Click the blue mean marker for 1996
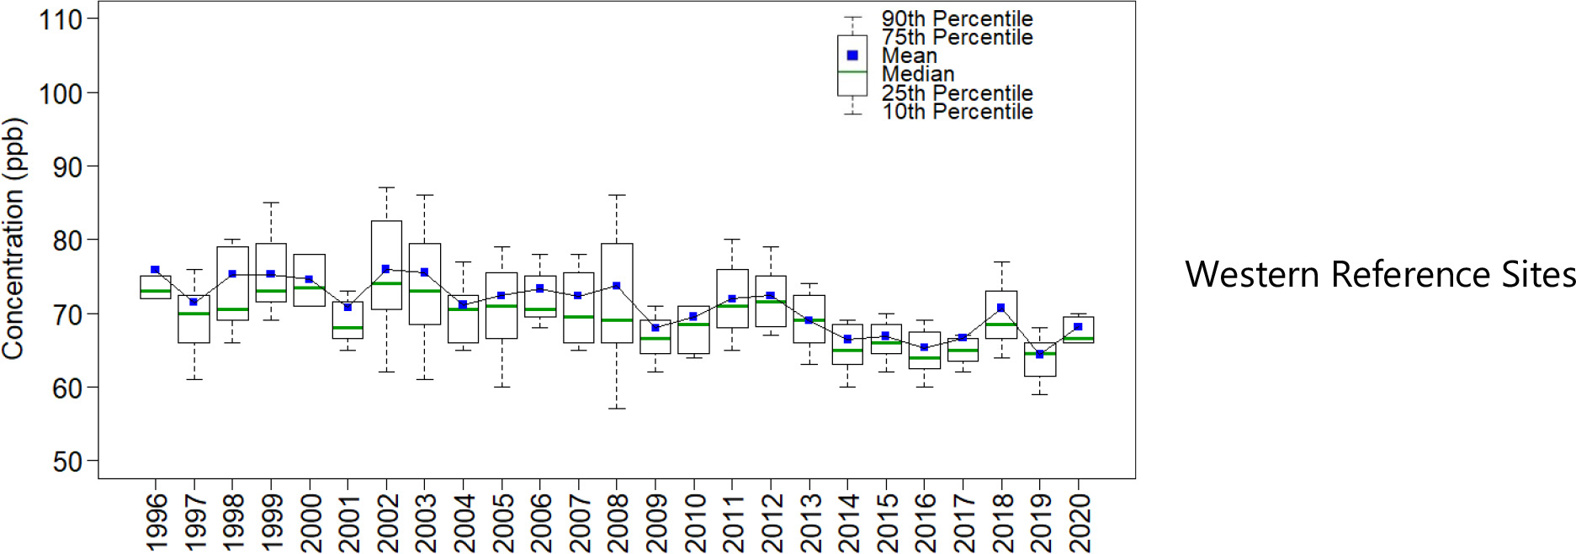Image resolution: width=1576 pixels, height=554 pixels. point(155,270)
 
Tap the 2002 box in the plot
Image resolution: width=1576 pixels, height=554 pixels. point(386,252)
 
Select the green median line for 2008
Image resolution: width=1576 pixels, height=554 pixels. point(617,320)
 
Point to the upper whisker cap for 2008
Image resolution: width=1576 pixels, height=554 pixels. point(617,195)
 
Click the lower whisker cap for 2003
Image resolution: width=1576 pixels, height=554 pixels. point(424,379)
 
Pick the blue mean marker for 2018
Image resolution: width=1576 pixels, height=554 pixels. point(1000,308)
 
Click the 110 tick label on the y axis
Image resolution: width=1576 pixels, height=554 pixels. point(61,19)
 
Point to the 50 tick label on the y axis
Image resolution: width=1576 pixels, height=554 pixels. point(67,462)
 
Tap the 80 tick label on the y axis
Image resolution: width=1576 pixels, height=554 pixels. point(67,240)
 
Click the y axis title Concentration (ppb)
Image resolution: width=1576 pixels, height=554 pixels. point(14,239)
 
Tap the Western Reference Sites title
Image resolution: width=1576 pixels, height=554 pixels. point(1380,275)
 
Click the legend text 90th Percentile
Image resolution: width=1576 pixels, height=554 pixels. point(957,18)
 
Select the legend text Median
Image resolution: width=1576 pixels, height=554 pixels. point(917,74)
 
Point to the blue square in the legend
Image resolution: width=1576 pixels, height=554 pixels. point(852,55)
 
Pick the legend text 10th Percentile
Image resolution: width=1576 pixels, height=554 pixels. point(957,112)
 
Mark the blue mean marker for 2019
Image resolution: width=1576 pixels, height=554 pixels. point(1040,355)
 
